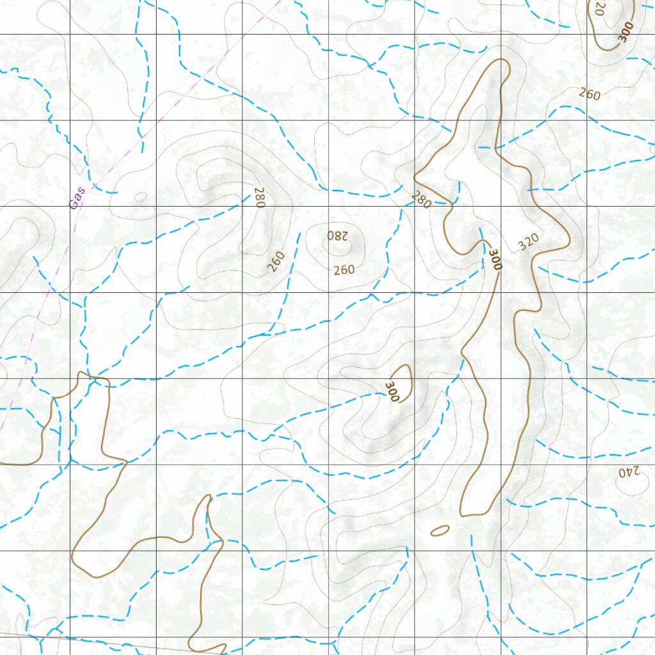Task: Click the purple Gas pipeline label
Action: click(77, 198)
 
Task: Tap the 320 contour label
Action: click(528, 242)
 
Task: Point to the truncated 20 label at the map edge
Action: click(599, 8)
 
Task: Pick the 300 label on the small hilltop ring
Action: click(392, 391)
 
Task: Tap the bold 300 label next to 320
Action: click(494, 259)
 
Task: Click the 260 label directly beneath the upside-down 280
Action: click(343, 270)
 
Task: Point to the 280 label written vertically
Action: click(259, 196)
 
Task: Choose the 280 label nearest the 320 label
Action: click(421, 200)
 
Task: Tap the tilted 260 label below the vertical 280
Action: click(276, 261)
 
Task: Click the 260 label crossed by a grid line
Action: click(589, 94)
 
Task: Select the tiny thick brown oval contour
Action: click(440, 530)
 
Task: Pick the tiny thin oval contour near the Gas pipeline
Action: click(141, 196)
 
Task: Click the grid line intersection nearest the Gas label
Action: click(70, 206)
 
